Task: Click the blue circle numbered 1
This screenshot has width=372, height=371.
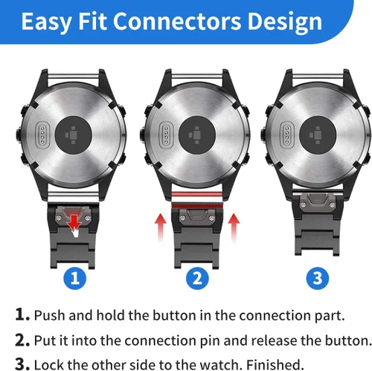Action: [73, 279]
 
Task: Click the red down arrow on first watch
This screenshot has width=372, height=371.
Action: [73, 219]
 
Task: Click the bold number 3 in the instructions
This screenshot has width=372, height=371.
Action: [20, 364]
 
